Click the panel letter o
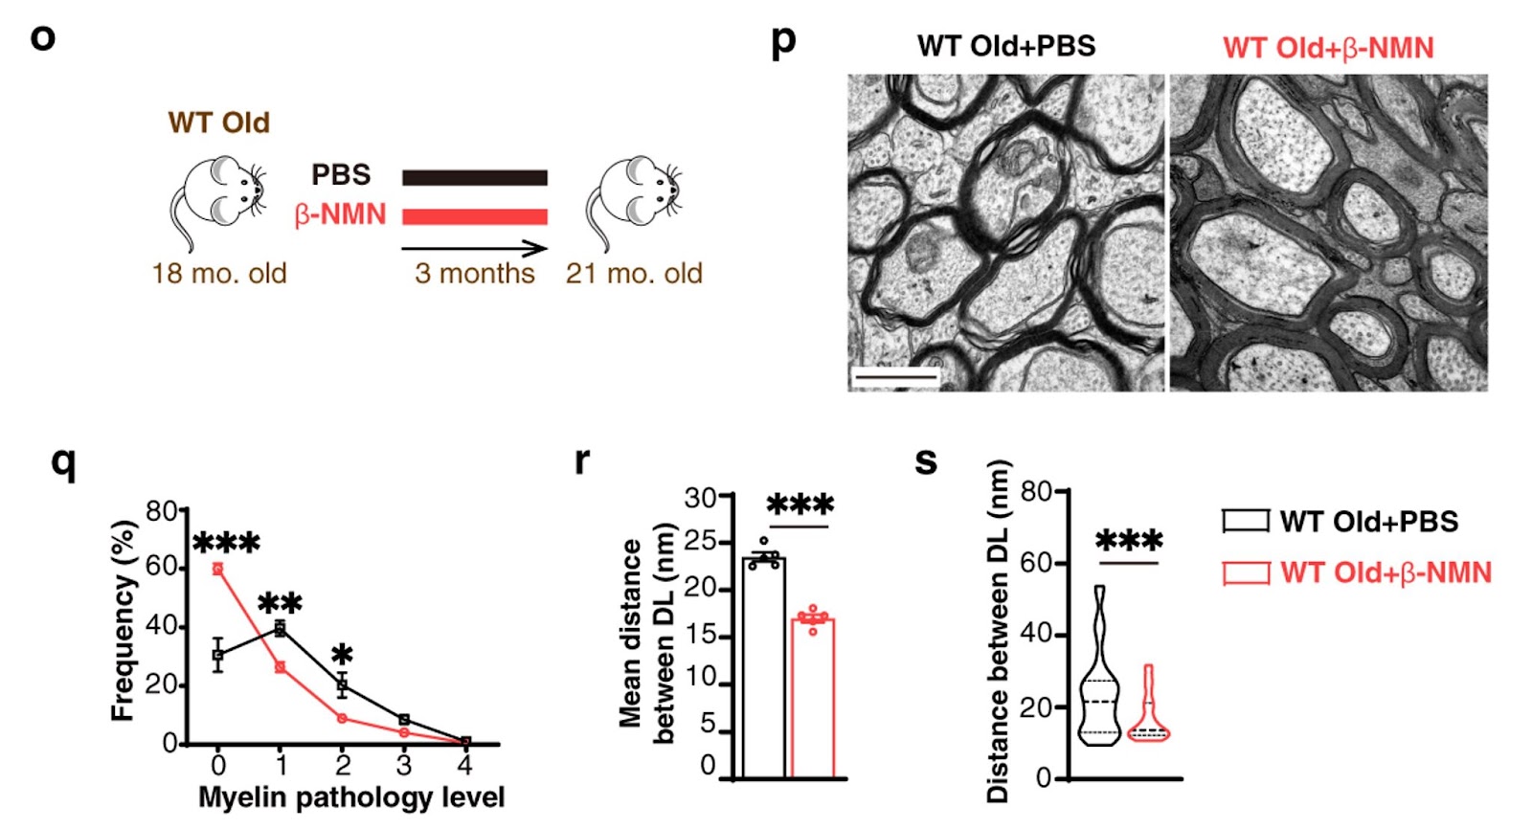[x=43, y=38]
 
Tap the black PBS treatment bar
[x=474, y=177]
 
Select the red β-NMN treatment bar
[x=474, y=216]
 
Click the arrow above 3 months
[x=474, y=249]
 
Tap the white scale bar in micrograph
[x=895, y=378]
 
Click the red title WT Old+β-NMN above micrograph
[x=1328, y=48]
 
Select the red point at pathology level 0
[x=218, y=569]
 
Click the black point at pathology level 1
[x=280, y=629]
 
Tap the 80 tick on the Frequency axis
[x=163, y=511]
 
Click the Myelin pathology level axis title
[x=350, y=797]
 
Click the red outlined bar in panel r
[x=813, y=699]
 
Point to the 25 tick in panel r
[x=701, y=543]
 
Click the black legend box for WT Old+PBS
[x=1246, y=521]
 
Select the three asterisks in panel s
[x=1129, y=541]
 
